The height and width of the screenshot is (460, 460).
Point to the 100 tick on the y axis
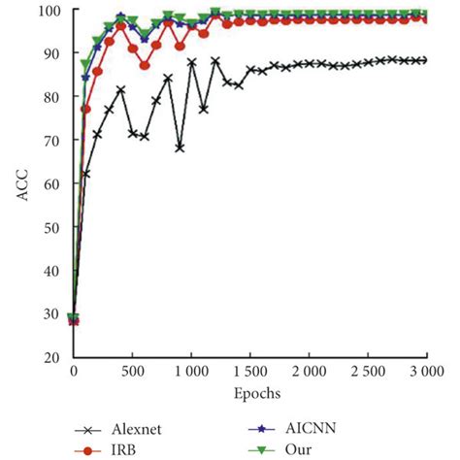click(x=51, y=12)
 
